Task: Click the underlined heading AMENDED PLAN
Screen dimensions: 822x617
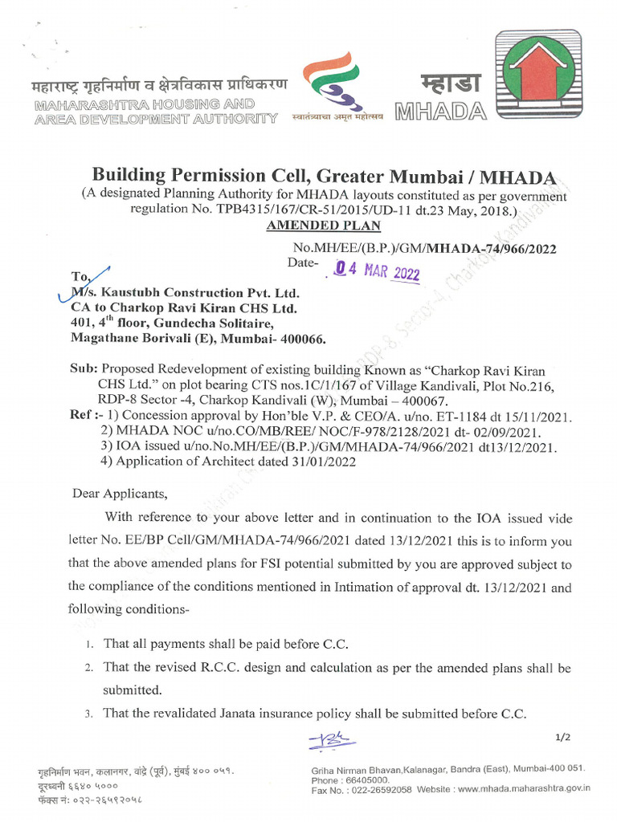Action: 313,226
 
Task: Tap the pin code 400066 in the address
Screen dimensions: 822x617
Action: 300,339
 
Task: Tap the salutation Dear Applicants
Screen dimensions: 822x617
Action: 120,493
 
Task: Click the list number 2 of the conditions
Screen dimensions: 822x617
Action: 88,668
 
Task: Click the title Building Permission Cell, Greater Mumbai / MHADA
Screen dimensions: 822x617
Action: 323,175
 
